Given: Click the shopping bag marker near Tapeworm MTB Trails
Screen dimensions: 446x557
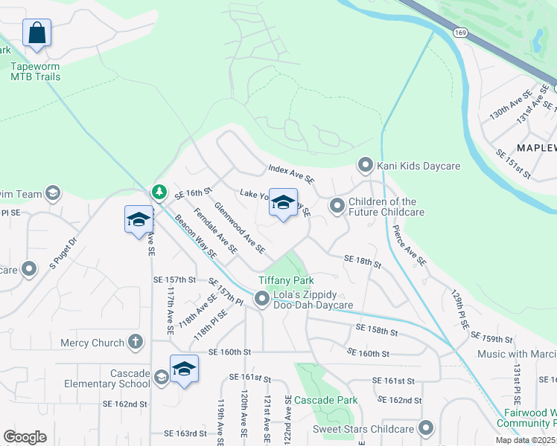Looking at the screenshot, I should (x=36, y=33).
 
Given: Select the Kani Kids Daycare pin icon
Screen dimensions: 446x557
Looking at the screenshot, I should (x=365, y=164).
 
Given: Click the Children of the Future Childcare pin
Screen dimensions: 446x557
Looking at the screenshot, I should (x=337, y=204).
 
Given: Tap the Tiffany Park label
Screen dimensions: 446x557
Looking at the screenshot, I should (x=287, y=280).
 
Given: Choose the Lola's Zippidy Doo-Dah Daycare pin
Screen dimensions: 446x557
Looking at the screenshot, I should (x=262, y=299).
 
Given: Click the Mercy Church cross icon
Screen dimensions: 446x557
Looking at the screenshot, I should (x=135, y=342).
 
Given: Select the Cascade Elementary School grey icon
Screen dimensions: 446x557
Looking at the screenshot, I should (x=161, y=377).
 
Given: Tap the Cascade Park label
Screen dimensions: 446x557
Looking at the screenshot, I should (x=325, y=400).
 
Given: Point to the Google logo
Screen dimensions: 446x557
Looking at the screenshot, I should (x=25, y=437).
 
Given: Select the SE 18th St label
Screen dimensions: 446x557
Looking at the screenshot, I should (x=363, y=261).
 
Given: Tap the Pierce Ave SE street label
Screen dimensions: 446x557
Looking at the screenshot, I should (x=410, y=246).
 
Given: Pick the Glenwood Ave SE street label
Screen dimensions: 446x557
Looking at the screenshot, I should (x=239, y=227).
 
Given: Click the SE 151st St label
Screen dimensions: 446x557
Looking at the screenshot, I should (x=514, y=164).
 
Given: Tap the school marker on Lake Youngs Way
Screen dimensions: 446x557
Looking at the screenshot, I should (x=283, y=203).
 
